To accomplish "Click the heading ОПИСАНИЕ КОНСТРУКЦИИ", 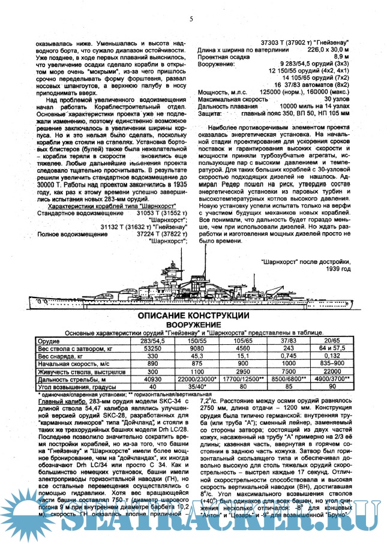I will (194, 316).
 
